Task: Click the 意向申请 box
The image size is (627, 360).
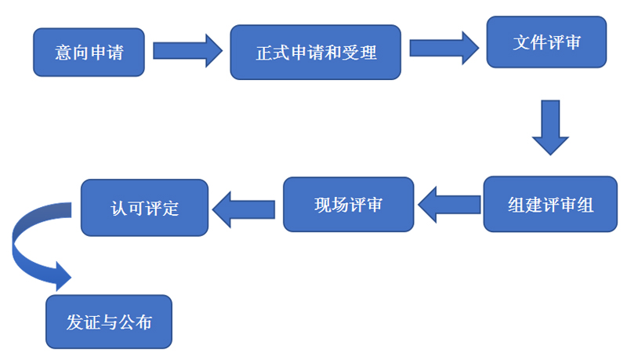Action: (x=89, y=52)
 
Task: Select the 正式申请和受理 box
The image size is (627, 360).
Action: (x=316, y=53)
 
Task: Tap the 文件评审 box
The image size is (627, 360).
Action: (x=547, y=42)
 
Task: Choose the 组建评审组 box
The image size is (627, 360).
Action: (x=550, y=205)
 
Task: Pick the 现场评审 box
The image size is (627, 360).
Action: (x=348, y=205)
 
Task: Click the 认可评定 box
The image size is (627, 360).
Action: (x=145, y=209)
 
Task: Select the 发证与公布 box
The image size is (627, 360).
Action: (x=109, y=322)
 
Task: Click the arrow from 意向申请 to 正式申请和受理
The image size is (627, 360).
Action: (x=187, y=51)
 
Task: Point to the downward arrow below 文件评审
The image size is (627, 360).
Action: (x=550, y=127)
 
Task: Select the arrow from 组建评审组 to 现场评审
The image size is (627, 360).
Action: (x=449, y=205)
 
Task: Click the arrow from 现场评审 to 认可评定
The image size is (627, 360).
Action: (x=244, y=209)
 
